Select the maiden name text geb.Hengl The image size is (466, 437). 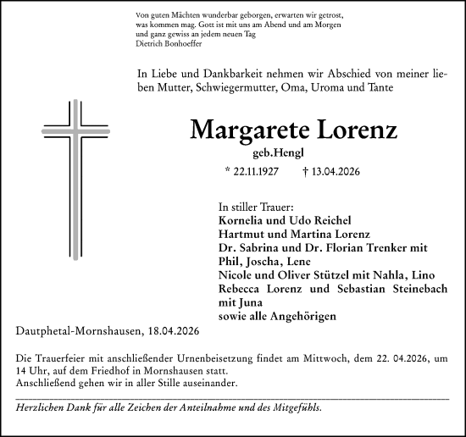[x=302, y=153]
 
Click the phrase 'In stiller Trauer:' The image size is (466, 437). [x=256, y=207]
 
